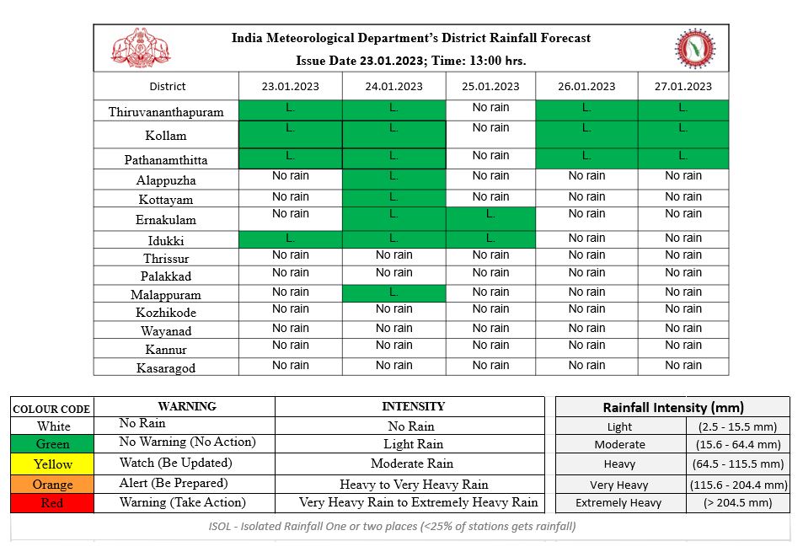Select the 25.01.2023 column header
click(490, 86)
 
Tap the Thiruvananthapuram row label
click(166, 111)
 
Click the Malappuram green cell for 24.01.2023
click(393, 293)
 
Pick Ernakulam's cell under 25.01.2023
click(490, 219)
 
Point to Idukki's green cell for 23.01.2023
click(291, 240)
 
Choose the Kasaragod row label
click(166, 367)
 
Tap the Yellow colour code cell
click(52, 464)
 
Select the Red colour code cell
click(52, 502)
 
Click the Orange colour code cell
click(52, 484)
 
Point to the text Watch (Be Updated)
click(174, 463)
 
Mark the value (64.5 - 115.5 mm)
click(737, 464)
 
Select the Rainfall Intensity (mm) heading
click(672, 407)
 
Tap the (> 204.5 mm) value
click(737, 502)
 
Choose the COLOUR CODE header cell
click(51, 409)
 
